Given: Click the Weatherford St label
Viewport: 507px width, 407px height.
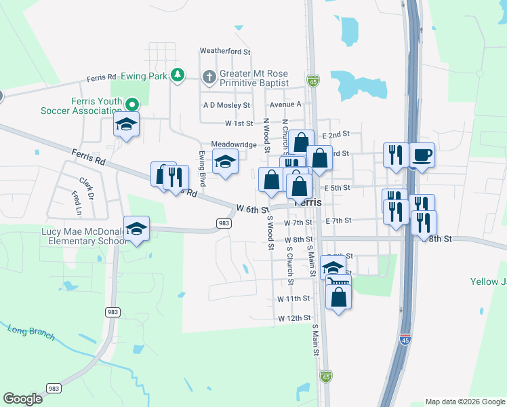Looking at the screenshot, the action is tap(225, 52).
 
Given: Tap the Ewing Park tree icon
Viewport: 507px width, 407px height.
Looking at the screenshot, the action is tap(178, 75).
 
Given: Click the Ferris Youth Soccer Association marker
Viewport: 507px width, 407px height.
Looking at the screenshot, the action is tap(133, 104).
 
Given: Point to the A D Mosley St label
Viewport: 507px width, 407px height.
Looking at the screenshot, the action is tap(226, 106).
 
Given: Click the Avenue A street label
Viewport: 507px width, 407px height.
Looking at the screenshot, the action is tap(285, 104).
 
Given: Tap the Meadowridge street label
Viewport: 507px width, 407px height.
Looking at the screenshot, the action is tap(234, 144).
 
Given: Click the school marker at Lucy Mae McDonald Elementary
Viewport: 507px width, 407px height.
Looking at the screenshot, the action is tap(136, 229).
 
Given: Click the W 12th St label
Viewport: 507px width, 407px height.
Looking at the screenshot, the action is tap(293, 318).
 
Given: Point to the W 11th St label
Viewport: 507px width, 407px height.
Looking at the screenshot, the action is tap(293, 298).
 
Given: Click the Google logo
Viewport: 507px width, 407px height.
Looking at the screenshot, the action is tap(23, 399).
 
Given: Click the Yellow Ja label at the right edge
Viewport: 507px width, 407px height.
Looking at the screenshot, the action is tap(489, 282).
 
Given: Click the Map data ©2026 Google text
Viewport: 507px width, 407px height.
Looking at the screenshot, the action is tap(464, 402).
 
